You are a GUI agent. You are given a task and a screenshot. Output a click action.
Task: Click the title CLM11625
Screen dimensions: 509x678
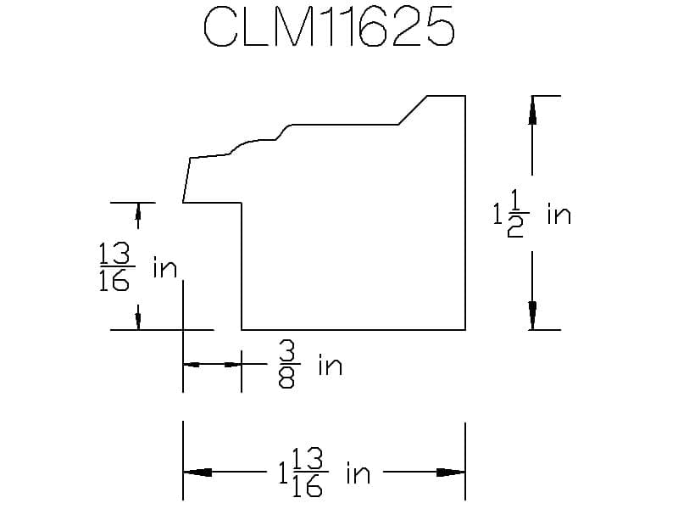(x=329, y=30)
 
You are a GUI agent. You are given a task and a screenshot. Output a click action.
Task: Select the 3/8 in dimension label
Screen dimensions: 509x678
(x=308, y=366)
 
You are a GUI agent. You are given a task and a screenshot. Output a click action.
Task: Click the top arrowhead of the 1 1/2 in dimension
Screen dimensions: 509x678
(x=532, y=110)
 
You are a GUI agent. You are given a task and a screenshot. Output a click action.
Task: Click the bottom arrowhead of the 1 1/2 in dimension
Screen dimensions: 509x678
(x=532, y=316)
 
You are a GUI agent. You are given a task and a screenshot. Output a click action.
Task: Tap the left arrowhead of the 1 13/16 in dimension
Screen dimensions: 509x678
(x=197, y=473)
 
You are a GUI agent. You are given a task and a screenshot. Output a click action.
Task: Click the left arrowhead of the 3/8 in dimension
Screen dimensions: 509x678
(x=193, y=365)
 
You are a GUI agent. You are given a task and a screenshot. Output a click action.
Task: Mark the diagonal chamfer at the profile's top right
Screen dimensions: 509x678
(x=413, y=110)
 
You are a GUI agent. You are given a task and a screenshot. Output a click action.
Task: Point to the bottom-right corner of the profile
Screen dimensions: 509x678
(x=465, y=329)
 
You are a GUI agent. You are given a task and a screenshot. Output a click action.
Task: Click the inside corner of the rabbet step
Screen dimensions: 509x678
(x=242, y=203)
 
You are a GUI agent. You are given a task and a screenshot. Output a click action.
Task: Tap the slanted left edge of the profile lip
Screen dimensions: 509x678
(x=186, y=180)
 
